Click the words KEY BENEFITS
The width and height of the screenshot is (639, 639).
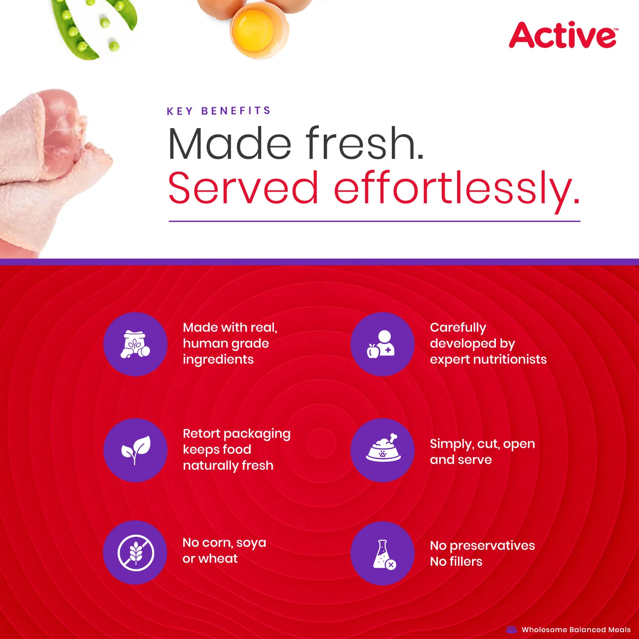click(219, 111)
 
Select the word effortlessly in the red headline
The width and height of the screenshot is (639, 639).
click(457, 188)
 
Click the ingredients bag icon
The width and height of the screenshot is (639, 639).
click(135, 344)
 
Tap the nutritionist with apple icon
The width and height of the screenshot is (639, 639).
click(382, 344)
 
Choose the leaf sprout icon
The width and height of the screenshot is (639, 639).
click(135, 450)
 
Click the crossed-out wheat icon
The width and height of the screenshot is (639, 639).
click(135, 553)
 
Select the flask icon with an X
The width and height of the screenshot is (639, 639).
click(383, 553)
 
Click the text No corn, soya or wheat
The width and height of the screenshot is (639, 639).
click(224, 550)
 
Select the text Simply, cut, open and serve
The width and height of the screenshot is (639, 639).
click(482, 452)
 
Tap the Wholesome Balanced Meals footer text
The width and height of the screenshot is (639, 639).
click(576, 630)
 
